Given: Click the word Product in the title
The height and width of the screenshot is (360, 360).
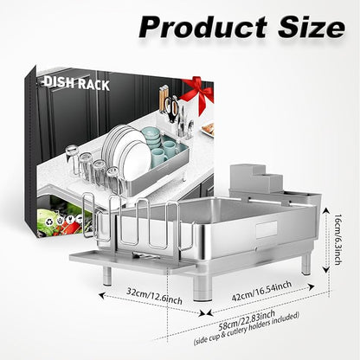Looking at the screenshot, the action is click(202, 27).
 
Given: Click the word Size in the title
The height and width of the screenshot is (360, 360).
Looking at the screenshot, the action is click(312, 27).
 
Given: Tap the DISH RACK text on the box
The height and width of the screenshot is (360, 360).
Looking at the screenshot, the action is click(77, 83).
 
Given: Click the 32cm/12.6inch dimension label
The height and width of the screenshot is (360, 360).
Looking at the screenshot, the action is click(154, 296).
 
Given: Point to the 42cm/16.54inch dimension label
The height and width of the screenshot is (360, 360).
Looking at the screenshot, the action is click(262, 291).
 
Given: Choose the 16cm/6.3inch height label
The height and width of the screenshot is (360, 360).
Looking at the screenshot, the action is click(337, 239).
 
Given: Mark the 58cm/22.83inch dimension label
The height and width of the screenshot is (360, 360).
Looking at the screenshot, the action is click(247, 320).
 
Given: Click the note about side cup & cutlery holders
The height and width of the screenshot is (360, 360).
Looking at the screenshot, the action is click(247, 329).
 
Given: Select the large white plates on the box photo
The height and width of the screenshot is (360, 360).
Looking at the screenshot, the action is click(127, 152).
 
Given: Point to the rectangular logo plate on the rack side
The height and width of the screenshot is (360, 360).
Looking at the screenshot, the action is click(267, 230).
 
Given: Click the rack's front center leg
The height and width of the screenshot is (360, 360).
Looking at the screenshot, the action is click(203, 289).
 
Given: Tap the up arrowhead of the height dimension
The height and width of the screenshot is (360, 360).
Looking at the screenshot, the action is click(326, 210).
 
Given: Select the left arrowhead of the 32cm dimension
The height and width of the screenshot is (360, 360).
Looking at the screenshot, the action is click(101, 295).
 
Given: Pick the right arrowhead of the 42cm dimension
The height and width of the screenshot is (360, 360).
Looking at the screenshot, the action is click(312, 286).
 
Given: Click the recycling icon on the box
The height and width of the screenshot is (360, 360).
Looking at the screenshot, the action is click(48, 222).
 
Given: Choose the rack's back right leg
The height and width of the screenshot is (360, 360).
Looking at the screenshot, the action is click(306, 262).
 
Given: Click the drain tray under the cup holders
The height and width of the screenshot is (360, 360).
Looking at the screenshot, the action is click(132, 261).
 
